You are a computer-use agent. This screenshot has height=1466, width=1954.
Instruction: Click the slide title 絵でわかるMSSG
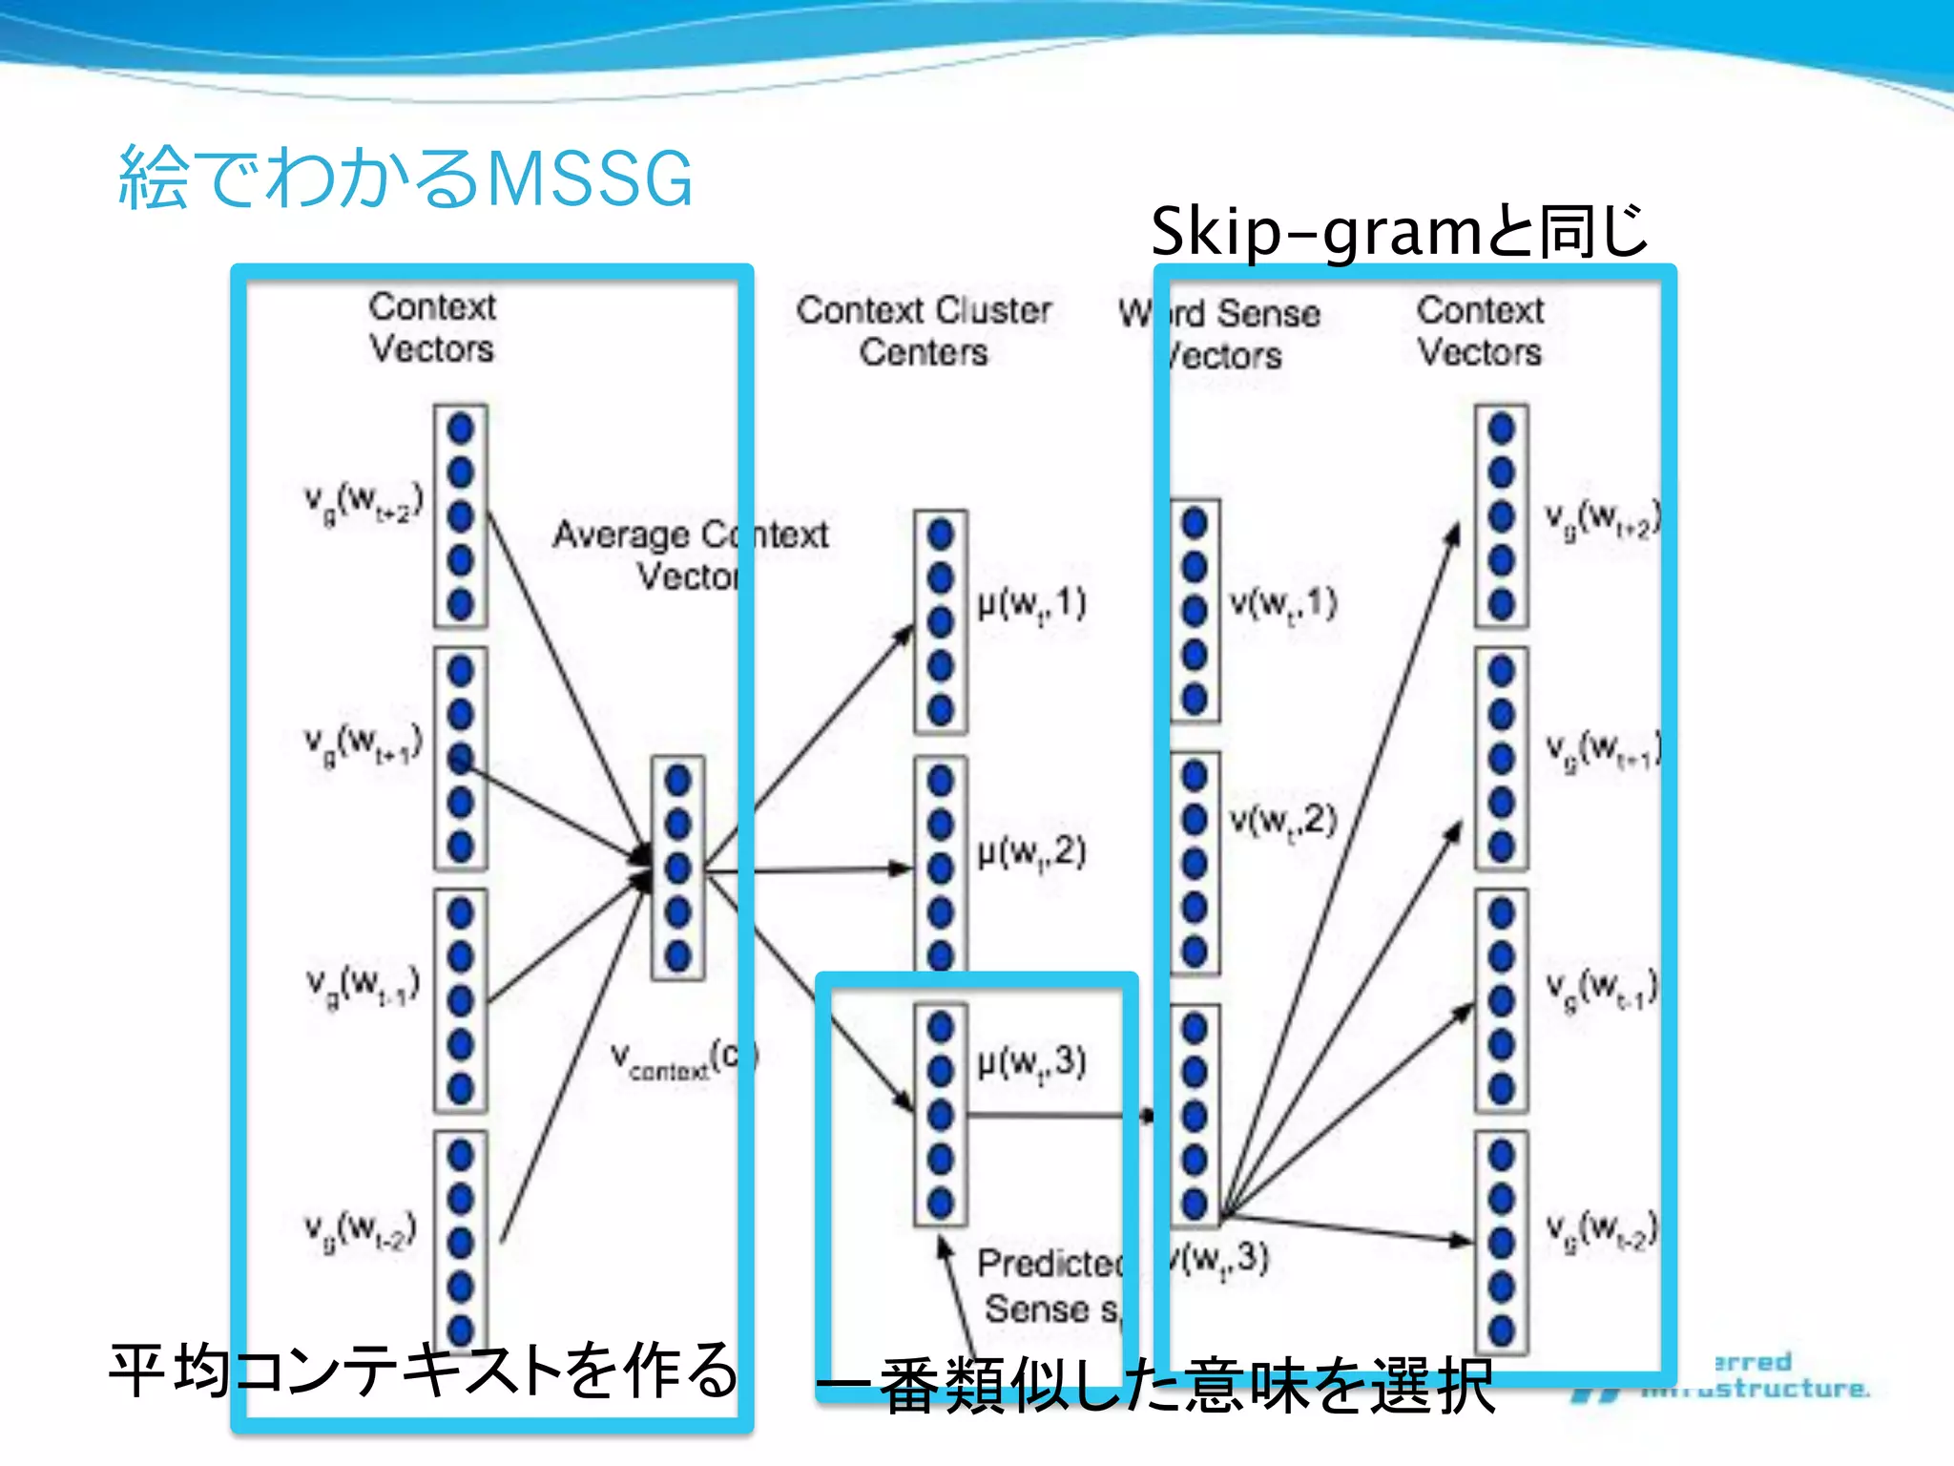coord(405,178)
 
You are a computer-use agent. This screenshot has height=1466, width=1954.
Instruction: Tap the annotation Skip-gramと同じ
coord(1399,232)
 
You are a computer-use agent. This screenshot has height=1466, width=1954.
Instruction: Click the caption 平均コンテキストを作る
coord(423,1371)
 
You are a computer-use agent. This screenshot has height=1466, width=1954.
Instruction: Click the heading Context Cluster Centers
coord(924,330)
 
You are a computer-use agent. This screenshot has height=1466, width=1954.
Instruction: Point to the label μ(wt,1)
coord(1031,603)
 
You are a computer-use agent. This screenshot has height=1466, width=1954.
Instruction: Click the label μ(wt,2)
coord(1031,851)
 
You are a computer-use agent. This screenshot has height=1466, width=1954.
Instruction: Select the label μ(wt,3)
coord(1031,1061)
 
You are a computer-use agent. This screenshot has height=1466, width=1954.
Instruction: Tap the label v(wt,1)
coord(1283,603)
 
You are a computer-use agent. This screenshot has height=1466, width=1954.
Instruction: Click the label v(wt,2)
coord(1283,820)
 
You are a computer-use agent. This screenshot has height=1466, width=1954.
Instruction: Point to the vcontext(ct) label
coord(683,1059)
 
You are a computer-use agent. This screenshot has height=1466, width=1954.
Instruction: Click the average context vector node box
coord(678,868)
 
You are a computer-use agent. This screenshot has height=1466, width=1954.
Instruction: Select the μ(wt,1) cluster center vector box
coord(941,622)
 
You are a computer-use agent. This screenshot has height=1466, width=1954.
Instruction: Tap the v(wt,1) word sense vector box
coord(1195,611)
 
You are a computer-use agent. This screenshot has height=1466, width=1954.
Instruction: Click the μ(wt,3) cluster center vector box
coord(941,1114)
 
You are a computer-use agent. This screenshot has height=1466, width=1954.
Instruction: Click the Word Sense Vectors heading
coord(1222,334)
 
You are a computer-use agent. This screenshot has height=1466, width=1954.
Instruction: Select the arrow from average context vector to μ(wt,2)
coord(811,869)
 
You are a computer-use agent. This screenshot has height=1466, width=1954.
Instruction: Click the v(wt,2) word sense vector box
coord(1195,863)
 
